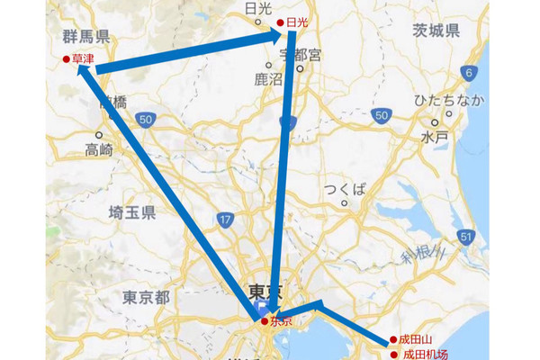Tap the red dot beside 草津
pyautogui.click(x=66, y=59)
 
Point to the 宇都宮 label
pyautogui.click(x=300, y=56)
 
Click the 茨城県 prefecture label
pyautogui.click(x=436, y=31)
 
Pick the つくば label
pyautogui.click(x=346, y=188)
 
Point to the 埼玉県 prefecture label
pyautogui.click(x=131, y=212)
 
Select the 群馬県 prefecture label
pyautogui.click(x=86, y=37)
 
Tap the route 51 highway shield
pyautogui.click(x=465, y=237)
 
